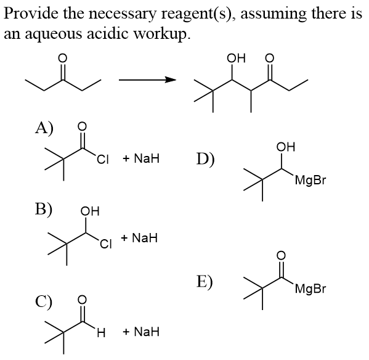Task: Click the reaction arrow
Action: [x=148, y=80]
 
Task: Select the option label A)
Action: [x=44, y=128]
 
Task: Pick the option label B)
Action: [x=44, y=209]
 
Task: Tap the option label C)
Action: [x=44, y=302]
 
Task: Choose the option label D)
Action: [x=205, y=160]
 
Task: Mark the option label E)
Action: [x=205, y=282]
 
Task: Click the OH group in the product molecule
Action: [x=236, y=58]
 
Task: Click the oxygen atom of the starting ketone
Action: [x=63, y=58]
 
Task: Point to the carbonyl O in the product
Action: [x=270, y=58]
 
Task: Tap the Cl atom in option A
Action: [x=103, y=160]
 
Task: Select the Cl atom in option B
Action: [x=105, y=244]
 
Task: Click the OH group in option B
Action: [x=90, y=211]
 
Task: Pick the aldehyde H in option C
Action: [x=101, y=333]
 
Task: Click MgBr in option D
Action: [x=310, y=181]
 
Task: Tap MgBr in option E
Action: [x=310, y=289]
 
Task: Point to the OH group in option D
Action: [x=286, y=147]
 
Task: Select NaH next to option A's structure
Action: [x=141, y=158]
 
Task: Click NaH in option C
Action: [x=141, y=332]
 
